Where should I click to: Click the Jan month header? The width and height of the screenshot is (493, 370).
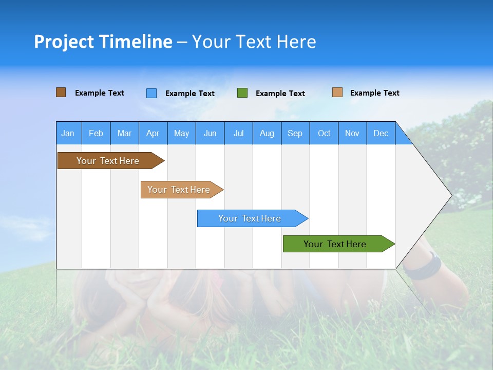[x=68, y=134]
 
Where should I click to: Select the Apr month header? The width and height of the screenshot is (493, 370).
[x=153, y=134]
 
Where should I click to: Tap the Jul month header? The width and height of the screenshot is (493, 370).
[x=238, y=134]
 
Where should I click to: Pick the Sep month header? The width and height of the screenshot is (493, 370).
[x=295, y=134]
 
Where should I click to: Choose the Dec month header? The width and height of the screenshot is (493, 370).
[x=381, y=134]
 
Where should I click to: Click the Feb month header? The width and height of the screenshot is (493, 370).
[x=96, y=134]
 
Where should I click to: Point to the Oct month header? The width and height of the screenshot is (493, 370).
[x=324, y=134]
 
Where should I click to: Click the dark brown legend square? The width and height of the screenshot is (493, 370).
[x=61, y=92]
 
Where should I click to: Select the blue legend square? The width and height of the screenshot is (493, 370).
[x=151, y=93]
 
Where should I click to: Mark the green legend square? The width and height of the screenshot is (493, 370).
[x=242, y=93]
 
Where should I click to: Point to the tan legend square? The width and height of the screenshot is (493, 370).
[x=337, y=92]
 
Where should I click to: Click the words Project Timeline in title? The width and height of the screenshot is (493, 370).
[x=103, y=42]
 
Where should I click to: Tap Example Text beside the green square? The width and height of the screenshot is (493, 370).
[x=280, y=94]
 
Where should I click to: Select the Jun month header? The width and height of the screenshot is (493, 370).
[x=210, y=134]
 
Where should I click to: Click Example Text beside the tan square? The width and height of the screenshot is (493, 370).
[x=375, y=93]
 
